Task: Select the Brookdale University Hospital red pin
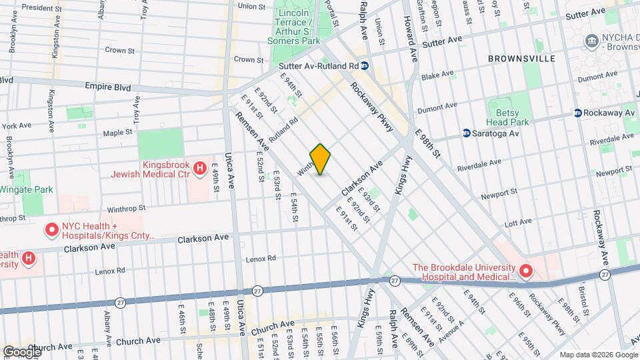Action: [x=525, y=271]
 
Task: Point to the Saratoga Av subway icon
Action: [x=467, y=133]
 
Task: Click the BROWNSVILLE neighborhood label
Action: [x=521, y=59]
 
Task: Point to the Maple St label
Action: [x=118, y=133]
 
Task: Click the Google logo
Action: [x=22, y=351]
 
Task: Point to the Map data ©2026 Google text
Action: [x=597, y=354]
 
